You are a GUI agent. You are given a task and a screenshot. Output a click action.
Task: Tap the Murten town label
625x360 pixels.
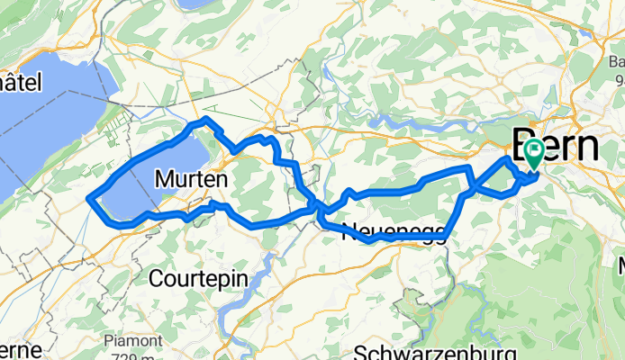click(x=190, y=179)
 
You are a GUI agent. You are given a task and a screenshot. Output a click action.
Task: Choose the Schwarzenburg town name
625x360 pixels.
click(x=435, y=352)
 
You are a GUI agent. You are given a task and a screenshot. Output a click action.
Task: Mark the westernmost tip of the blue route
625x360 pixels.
click(x=87, y=197)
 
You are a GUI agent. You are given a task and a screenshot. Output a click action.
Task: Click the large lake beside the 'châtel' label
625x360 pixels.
click(x=45, y=126)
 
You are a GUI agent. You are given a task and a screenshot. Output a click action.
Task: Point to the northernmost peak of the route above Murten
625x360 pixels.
click(x=206, y=118)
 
